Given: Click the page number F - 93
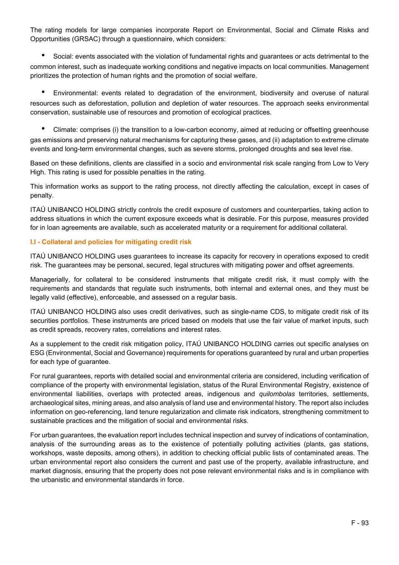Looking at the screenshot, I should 360,523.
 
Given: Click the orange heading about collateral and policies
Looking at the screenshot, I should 111,242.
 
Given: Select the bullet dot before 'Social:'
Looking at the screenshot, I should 43,55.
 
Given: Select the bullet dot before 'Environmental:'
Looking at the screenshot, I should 43,92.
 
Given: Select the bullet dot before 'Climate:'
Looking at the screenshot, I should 43,129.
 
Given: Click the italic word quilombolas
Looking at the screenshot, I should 277,394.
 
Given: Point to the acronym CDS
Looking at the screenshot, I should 277,312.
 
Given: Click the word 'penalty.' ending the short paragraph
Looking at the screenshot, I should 42,195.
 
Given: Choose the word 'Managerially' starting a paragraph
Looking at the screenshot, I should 50,280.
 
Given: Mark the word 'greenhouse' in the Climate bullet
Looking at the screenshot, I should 351,130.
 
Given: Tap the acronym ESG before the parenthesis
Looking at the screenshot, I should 37,353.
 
